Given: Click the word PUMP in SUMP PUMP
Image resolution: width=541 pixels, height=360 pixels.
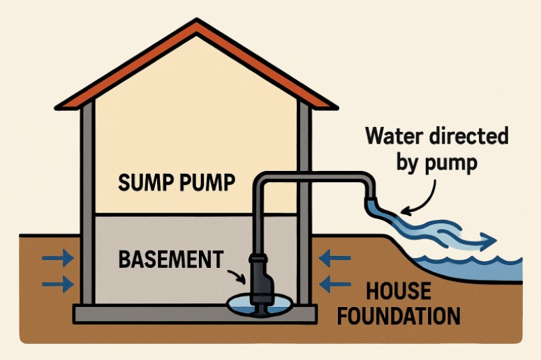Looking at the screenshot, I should [x=206, y=184].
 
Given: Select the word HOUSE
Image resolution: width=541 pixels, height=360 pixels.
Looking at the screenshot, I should [x=400, y=290].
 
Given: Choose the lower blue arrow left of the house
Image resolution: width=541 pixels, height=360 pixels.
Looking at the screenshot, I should [x=57, y=284].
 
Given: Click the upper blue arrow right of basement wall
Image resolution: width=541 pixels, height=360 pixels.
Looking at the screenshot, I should [x=335, y=260].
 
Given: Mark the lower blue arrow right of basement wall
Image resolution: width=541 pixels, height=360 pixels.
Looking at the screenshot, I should [x=335, y=284].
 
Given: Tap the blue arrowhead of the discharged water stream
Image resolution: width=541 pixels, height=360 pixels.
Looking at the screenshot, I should [x=489, y=241].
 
